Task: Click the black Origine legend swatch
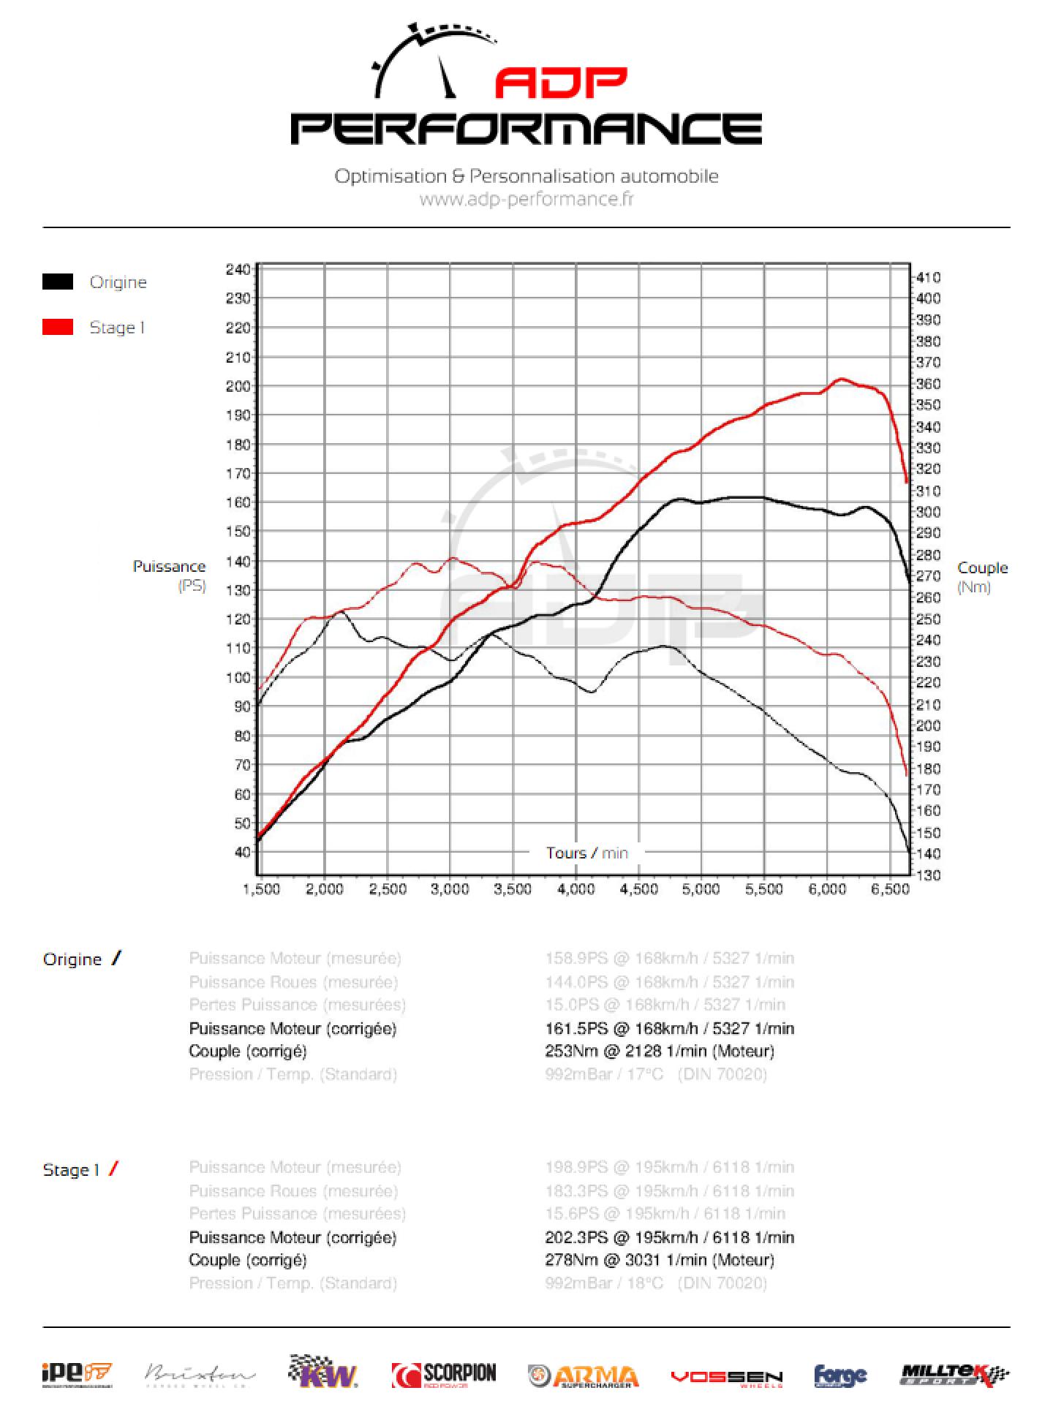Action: pyautogui.click(x=58, y=282)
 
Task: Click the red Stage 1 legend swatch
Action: pyautogui.click(x=58, y=327)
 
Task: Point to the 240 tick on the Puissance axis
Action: pyautogui.click(x=238, y=269)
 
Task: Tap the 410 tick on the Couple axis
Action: pyautogui.click(x=929, y=277)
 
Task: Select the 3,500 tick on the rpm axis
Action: pyautogui.click(x=513, y=889)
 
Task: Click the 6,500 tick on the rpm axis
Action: pyautogui.click(x=889, y=889)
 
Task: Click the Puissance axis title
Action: pyautogui.click(x=169, y=567)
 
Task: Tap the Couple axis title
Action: pyautogui.click(x=982, y=568)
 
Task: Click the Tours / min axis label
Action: pyautogui.click(x=586, y=853)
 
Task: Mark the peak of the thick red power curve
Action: pyautogui.click(x=841, y=379)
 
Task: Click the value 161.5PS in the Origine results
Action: pyautogui.click(x=576, y=1028)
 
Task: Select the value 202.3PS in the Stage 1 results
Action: pyautogui.click(x=576, y=1237)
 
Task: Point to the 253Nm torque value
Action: pyautogui.click(x=567, y=1051)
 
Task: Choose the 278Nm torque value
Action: pyautogui.click(x=567, y=1260)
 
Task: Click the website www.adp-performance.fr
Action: pyautogui.click(x=526, y=199)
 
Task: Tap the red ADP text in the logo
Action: pyautogui.click(x=561, y=84)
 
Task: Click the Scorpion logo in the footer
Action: pyautogui.click(x=444, y=1375)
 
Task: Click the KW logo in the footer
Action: pyautogui.click(x=322, y=1373)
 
